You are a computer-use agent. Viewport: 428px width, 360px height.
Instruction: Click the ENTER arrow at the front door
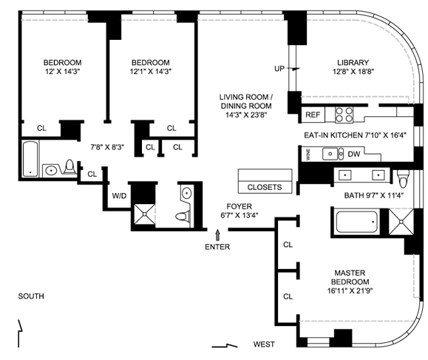point(217,235)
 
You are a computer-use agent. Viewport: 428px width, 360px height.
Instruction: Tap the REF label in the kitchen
point(313,115)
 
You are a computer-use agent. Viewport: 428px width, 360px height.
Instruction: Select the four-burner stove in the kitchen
point(344,115)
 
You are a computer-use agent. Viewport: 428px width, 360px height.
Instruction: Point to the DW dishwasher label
point(354,154)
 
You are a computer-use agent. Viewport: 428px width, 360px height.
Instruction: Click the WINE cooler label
point(308,154)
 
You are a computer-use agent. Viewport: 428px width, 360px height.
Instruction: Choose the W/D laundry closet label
point(119,196)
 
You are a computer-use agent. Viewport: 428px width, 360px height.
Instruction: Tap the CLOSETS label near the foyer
point(265,187)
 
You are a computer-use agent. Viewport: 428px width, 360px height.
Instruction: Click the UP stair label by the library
point(279,69)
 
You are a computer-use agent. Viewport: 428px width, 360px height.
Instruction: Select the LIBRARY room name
point(353,63)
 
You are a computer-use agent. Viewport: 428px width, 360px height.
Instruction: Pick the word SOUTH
point(31,296)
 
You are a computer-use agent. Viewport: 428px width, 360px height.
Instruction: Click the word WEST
point(264,344)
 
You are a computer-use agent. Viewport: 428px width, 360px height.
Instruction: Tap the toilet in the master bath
point(403,177)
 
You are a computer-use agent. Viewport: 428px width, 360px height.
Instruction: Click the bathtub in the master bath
point(356,222)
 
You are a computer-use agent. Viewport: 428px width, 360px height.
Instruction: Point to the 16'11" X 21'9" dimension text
point(350,291)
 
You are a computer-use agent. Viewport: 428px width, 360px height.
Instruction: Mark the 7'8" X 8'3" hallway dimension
point(107,147)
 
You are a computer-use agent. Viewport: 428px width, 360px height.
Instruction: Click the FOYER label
point(239,206)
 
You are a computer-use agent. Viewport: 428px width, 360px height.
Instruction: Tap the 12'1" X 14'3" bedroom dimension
point(150,72)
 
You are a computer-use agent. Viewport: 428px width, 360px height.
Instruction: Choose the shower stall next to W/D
point(144,214)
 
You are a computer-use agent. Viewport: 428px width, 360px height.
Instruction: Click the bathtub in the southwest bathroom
point(30,159)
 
